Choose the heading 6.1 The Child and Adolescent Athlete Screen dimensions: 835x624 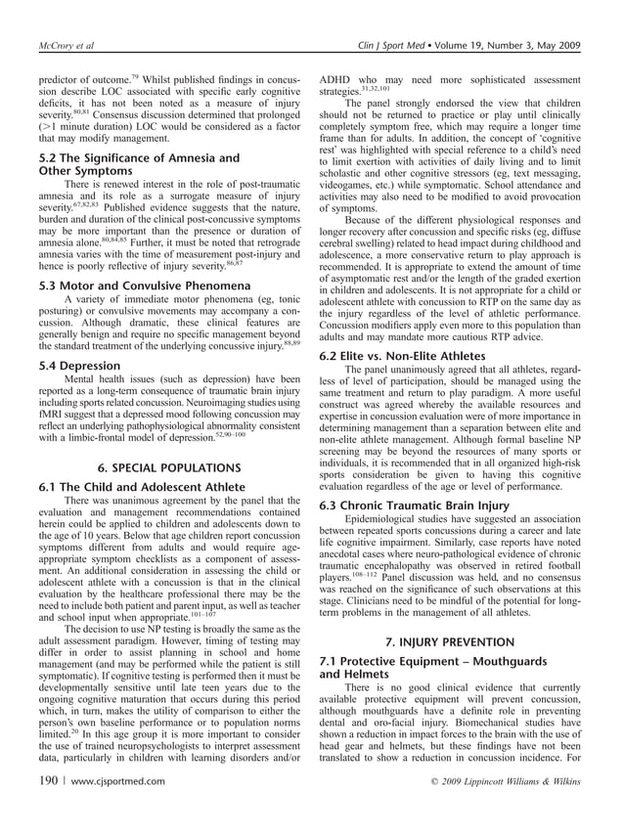(156, 486)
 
